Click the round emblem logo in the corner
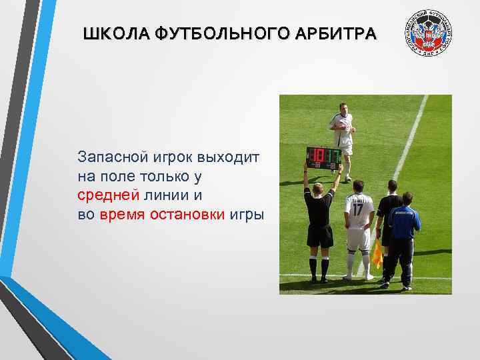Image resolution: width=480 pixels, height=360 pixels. (x=429, y=35)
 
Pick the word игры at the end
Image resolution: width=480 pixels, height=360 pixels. (x=247, y=215)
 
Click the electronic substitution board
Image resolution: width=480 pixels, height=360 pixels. (x=323, y=156)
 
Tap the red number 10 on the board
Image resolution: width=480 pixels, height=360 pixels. (x=315, y=156)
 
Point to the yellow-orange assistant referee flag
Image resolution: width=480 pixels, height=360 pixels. (x=377, y=253)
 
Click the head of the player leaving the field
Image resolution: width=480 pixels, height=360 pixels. (x=343, y=107)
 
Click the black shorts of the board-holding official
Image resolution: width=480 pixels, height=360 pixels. (x=320, y=235)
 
